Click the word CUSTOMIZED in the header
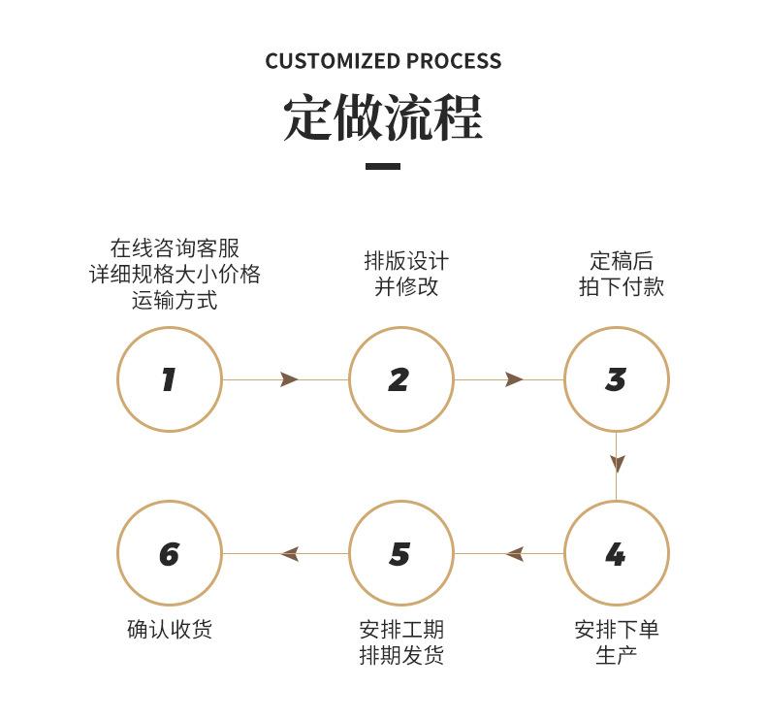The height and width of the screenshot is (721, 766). pyautogui.click(x=333, y=61)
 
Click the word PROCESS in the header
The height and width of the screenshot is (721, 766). pyautogui.click(x=454, y=61)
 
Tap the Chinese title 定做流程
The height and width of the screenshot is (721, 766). pyautogui.click(x=383, y=117)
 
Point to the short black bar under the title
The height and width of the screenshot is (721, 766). pyautogui.click(x=383, y=167)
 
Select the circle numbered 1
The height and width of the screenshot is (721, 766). pyautogui.click(x=117, y=379)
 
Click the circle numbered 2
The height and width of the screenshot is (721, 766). pyautogui.click(x=349, y=379)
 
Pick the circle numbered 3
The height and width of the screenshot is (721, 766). pyautogui.click(x=564, y=379)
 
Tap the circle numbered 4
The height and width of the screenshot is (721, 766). pyautogui.click(x=564, y=553)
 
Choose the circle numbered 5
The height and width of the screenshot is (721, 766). pyautogui.click(x=349, y=553)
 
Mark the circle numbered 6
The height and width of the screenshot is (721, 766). pyautogui.click(x=117, y=553)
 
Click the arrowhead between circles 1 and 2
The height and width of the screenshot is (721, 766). pyautogui.click(x=289, y=379)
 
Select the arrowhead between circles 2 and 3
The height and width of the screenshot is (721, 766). pyautogui.click(x=514, y=379)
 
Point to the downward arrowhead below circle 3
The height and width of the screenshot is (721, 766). pyautogui.click(x=617, y=464)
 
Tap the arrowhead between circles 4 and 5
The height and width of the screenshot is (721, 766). pyautogui.click(x=515, y=554)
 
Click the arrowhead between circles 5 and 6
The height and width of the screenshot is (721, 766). pyautogui.click(x=290, y=554)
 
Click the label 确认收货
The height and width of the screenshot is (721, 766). pyautogui.click(x=170, y=629)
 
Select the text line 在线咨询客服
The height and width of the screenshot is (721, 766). pyautogui.click(x=175, y=248)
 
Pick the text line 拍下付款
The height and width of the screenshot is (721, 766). pyautogui.click(x=621, y=286)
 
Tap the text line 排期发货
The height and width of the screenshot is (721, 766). pyautogui.click(x=401, y=655)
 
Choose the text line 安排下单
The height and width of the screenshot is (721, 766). pyautogui.click(x=617, y=629)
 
